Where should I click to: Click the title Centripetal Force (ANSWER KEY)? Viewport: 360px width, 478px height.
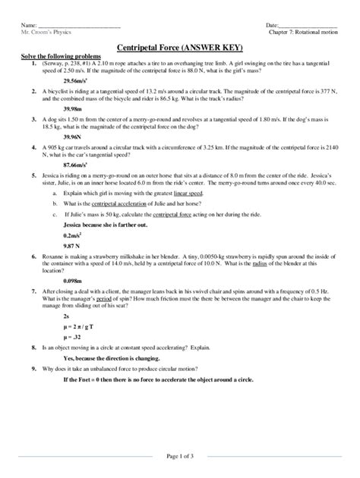pyautogui.click(x=180, y=47)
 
